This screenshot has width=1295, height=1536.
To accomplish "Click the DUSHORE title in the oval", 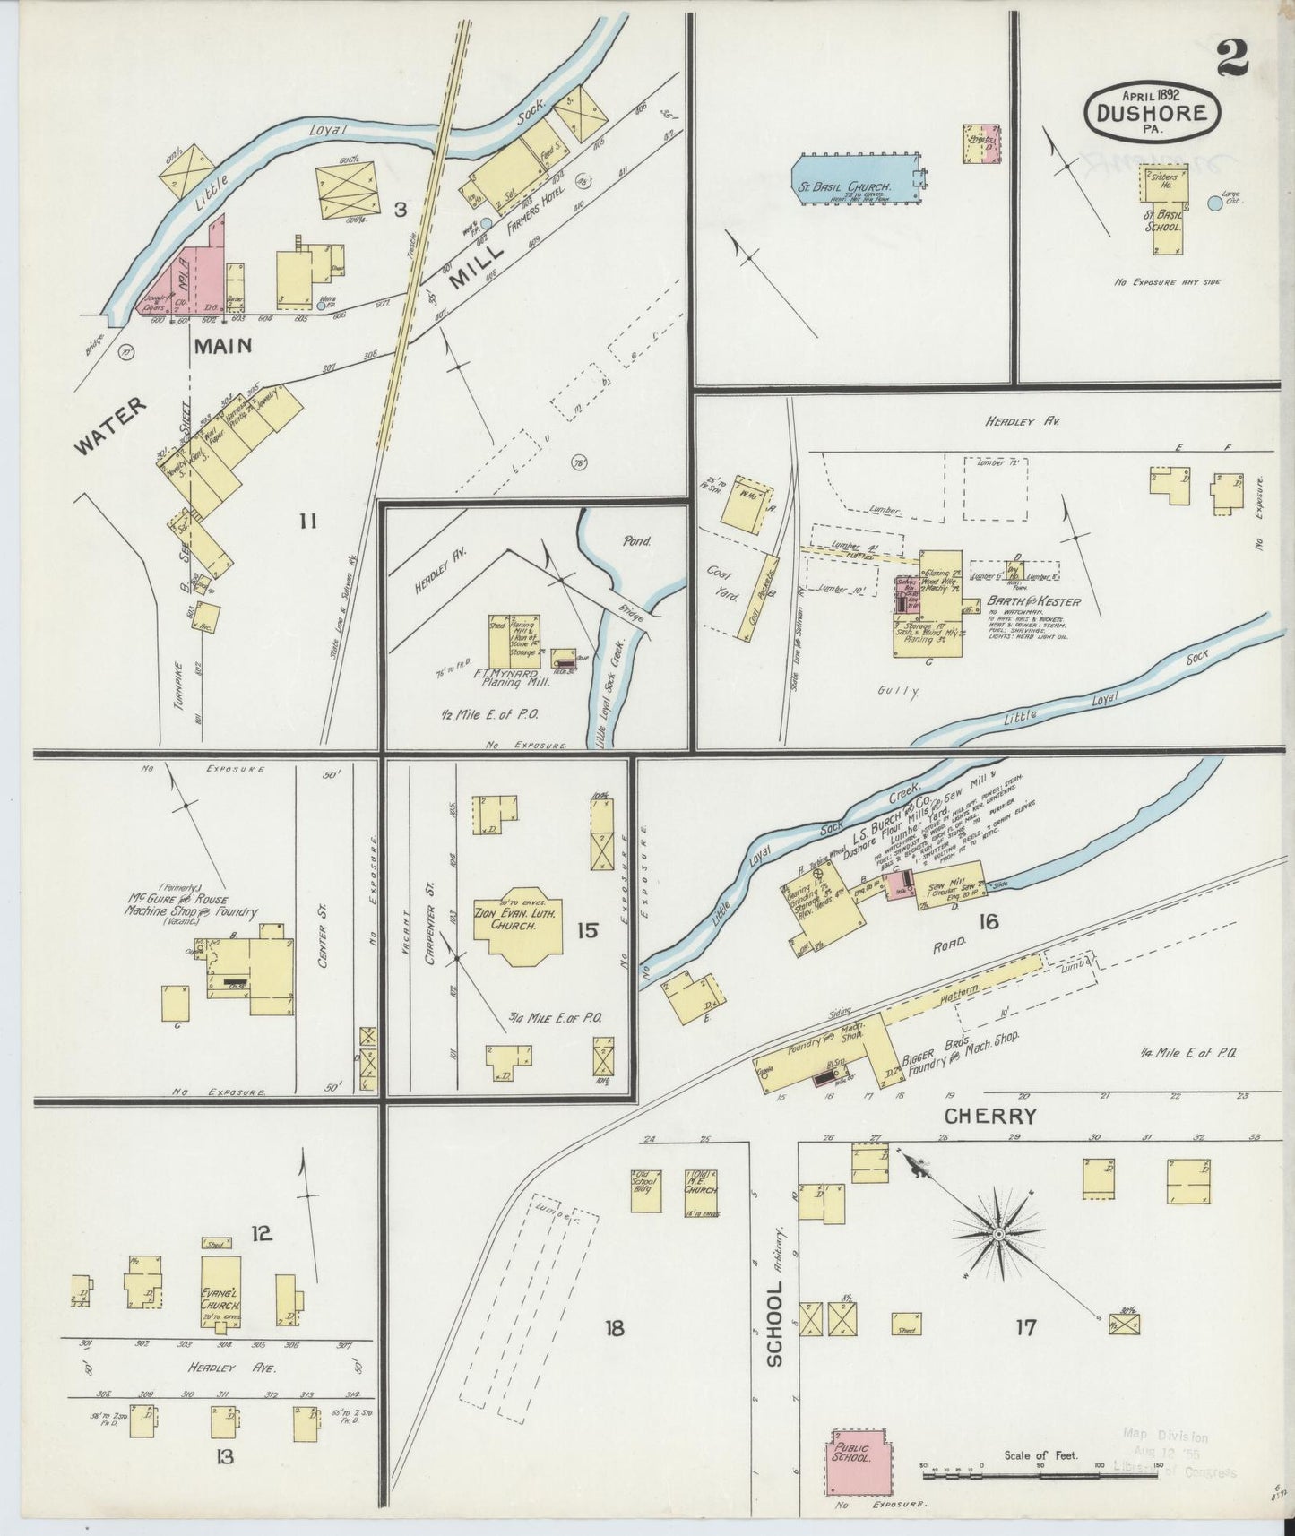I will pos(1152,113).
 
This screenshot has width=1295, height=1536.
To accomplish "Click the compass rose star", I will pos(997,1235).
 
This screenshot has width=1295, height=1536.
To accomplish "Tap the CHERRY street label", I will pos(990,1117).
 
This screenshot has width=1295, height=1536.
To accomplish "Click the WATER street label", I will pos(109,427).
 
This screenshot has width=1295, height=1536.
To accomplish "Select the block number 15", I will pos(587,930).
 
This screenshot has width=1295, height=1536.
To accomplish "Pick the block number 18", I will pos(614,1327).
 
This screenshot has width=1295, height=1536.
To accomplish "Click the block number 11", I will pos(307,519).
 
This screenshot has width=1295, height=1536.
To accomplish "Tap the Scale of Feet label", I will pos(1040,1455).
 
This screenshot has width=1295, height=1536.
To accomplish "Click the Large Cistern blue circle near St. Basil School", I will pos(1214,203).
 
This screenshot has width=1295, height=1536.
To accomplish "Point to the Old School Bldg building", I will pos(645,1191).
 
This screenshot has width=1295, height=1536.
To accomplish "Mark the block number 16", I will pos(989,920).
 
